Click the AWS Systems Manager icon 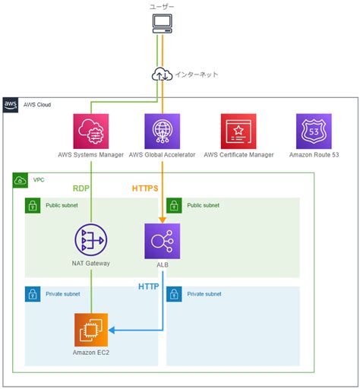click(x=91, y=131)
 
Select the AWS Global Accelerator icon click(x=162, y=131)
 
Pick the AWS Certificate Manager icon click(x=238, y=131)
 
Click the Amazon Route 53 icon click(x=314, y=131)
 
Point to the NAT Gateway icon click(x=91, y=242)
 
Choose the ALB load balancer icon click(x=162, y=242)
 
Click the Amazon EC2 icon click(x=91, y=330)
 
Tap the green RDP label click(x=81, y=188)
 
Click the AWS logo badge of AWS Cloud click(x=11, y=104)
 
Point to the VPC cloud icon click(x=20, y=180)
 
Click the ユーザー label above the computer click(x=162, y=6)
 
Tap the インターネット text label click(x=197, y=74)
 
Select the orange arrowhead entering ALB click(x=162, y=220)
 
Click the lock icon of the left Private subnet click(x=32, y=293)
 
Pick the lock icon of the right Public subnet click(x=173, y=205)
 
